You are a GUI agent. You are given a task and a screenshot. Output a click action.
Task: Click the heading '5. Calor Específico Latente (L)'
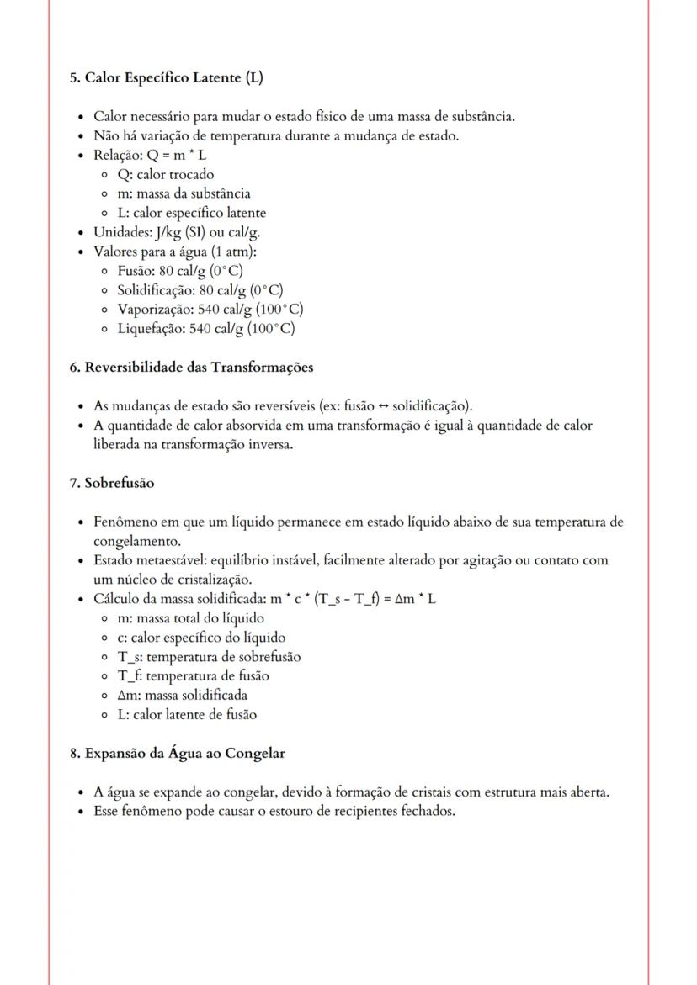point(166,78)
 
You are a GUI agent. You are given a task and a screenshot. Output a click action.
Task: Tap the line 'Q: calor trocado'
point(165,175)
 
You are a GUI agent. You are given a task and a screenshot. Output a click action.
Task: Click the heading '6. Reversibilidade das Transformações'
point(191,368)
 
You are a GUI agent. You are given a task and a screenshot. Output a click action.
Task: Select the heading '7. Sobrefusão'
point(112,484)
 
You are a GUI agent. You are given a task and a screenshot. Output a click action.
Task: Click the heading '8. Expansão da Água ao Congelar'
point(177,754)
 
